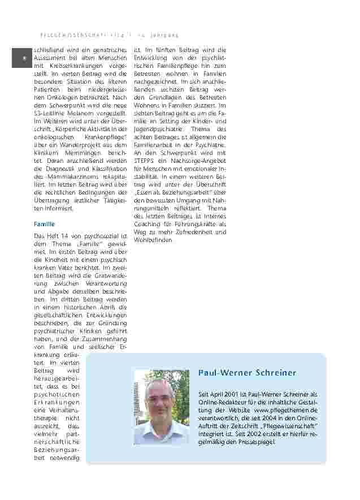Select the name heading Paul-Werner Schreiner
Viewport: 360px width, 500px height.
(247, 373)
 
